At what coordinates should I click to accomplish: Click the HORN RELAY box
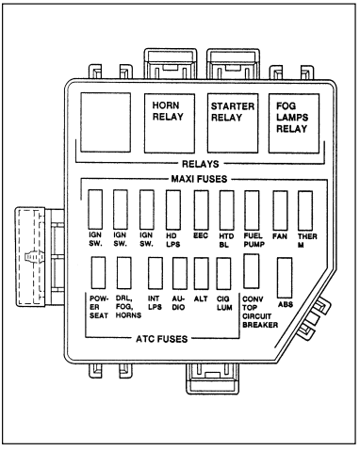tap(170, 123)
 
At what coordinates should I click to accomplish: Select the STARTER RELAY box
tap(233, 123)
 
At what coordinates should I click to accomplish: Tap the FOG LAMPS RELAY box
tap(294, 123)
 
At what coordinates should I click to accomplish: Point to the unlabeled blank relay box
tap(106, 122)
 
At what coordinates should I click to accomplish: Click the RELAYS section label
tap(201, 164)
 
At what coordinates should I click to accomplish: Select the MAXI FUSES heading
tap(199, 179)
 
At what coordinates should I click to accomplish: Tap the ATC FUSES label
tap(162, 339)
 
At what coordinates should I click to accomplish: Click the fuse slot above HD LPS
tap(173, 209)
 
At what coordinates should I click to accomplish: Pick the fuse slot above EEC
tap(202, 209)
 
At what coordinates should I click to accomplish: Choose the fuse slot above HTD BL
tap(226, 209)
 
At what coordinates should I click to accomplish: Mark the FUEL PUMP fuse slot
tap(252, 209)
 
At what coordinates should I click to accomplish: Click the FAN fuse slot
tap(280, 210)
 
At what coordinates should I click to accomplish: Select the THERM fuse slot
tap(305, 210)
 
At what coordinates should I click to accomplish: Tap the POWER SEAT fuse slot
tap(98, 273)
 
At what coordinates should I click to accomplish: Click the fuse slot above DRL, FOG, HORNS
tap(123, 273)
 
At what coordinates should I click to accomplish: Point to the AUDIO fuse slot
tap(180, 273)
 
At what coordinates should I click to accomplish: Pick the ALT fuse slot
tap(202, 273)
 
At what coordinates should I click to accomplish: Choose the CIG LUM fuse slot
tap(223, 273)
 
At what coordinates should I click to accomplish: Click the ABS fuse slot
tap(285, 278)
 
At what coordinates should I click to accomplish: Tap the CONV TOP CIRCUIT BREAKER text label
tap(260, 312)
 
